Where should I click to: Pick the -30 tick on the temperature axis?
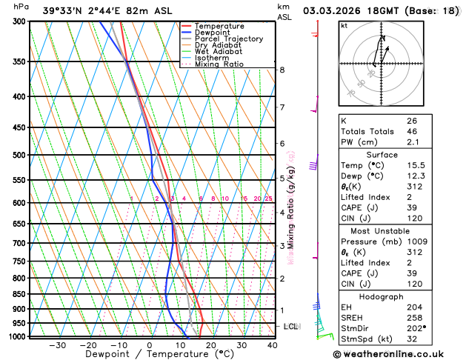tap(56, 345)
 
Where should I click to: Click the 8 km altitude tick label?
tap(282, 70)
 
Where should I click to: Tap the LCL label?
tap(291, 326)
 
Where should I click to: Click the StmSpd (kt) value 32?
tap(411, 340)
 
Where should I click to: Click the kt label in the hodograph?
tap(344, 26)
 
